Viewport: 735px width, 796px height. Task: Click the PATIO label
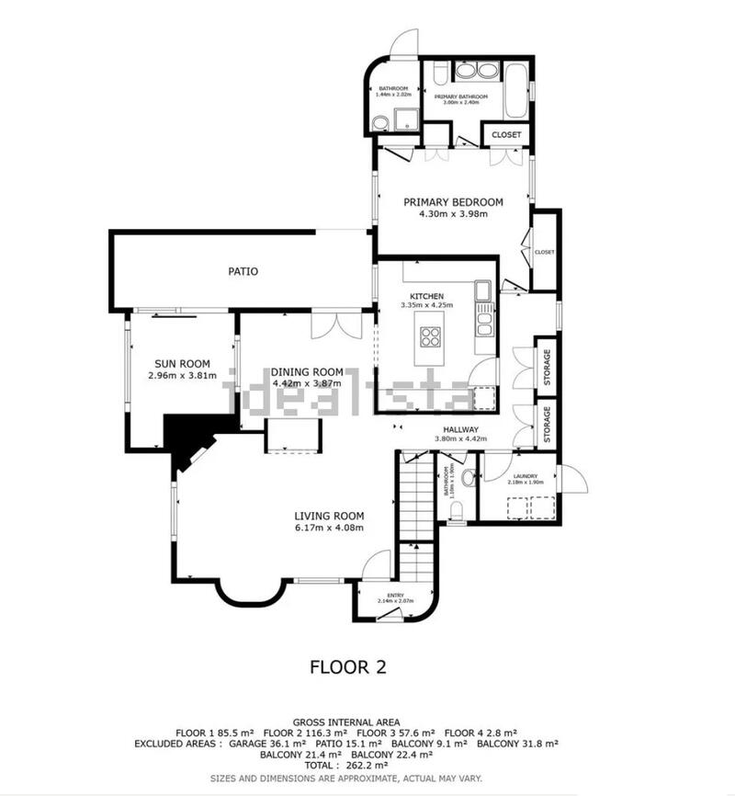pyautogui.click(x=243, y=272)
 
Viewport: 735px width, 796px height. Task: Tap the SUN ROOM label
pyautogui.click(x=182, y=363)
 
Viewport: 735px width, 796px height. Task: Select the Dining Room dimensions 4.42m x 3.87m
pyautogui.click(x=307, y=383)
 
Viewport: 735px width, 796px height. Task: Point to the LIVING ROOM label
pyautogui.click(x=329, y=516)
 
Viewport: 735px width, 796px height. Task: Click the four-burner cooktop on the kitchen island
pyautogui.click(x=430, y=333)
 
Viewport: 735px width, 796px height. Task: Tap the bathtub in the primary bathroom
pyautogui.click(x=516, y=90)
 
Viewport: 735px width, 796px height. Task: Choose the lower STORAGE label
pyautogui.click(x=547, y=424)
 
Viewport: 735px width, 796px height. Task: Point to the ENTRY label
pyautogui.click(x=395, y=596)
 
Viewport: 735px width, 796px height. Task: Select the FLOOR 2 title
pyautogui.click(x=346, y=667)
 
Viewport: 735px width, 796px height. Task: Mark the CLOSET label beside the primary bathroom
pyautogui.click(x=506, y=135)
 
